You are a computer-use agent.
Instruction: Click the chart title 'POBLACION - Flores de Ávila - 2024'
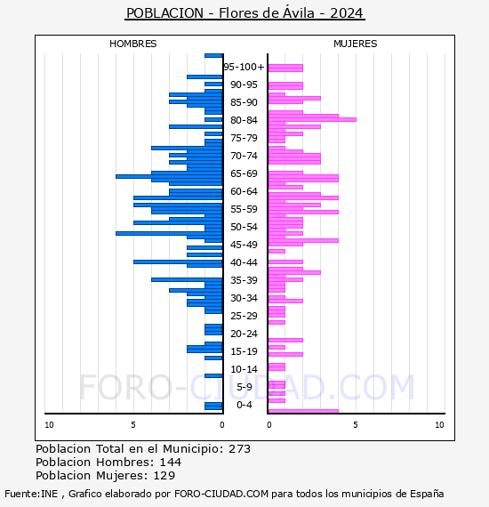coord(244,13)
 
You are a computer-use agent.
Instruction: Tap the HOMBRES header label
coord(133,44)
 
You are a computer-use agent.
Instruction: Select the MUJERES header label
coord(356,44)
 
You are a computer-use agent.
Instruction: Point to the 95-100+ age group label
coord(244,67)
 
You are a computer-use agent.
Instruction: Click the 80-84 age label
coord(244,120)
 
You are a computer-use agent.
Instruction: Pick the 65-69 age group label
coord(244,173)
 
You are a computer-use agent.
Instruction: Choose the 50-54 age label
coord(244,227)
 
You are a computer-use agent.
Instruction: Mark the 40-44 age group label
coord(244,262)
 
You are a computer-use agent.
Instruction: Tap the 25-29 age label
coord(244,316)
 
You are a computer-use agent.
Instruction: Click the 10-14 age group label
coord(244,369)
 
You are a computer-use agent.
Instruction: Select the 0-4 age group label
coord(244,405)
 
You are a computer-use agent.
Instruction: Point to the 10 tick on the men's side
coord(49,425)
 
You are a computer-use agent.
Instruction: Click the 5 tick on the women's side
coord(355,425)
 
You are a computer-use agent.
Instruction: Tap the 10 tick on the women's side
coord(439,425)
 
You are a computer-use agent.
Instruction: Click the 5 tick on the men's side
coord(133,425)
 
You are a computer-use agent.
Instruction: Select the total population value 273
coord(240,448)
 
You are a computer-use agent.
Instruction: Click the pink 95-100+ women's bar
coord(285,68)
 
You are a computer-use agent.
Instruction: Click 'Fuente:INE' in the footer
coord(31,494)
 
